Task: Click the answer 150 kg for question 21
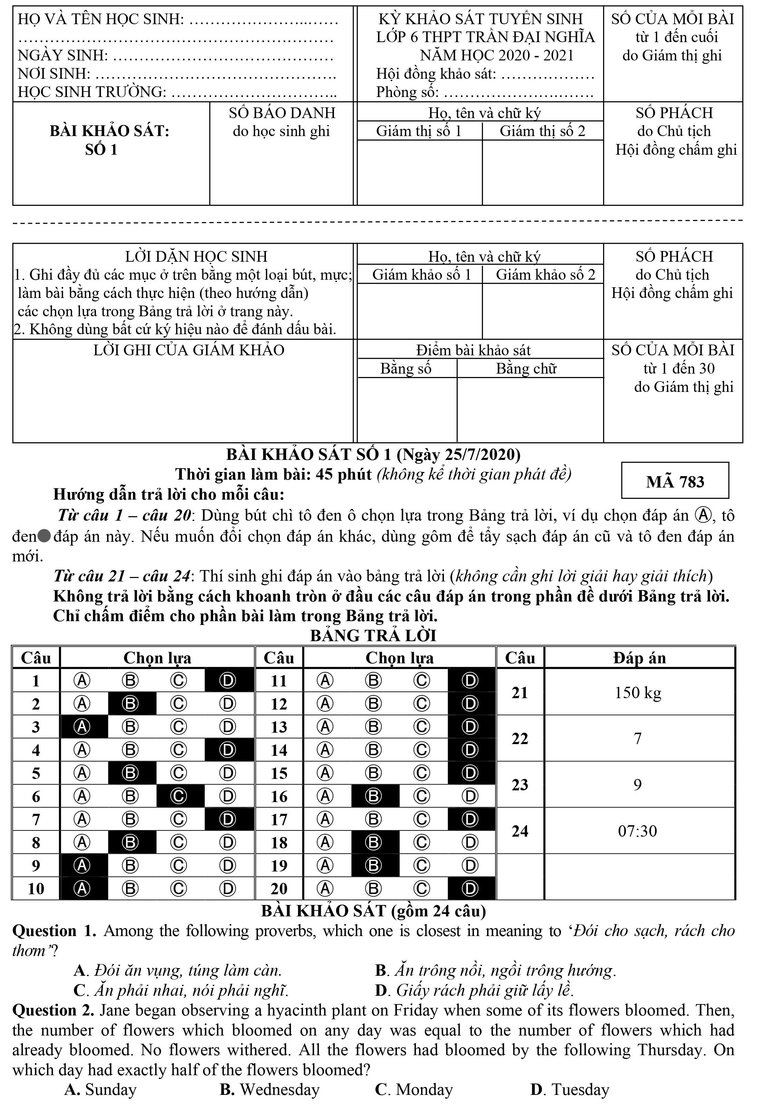[x=638, y=692]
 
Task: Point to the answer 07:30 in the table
[x=637, y=831]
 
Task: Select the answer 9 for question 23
[x=637, y=784]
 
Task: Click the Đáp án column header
[x=639, y=658]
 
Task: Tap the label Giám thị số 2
[x=542, y=131]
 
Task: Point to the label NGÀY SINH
[x=63, y=56]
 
